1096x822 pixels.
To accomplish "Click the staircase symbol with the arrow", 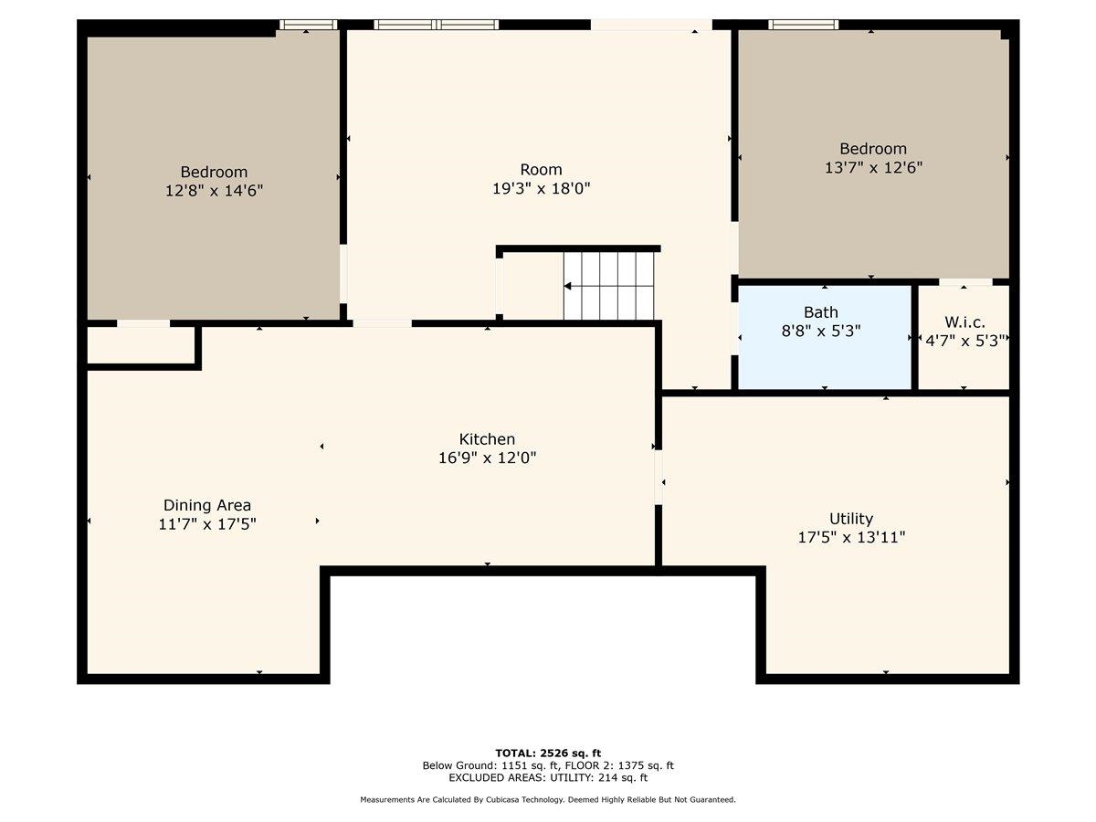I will (608, 286).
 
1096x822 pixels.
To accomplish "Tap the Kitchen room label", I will (487, 439).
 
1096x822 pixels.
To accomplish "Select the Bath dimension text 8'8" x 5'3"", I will (821, 331).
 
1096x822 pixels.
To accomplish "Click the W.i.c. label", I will (964, 322).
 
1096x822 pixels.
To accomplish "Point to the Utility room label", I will (851, 519).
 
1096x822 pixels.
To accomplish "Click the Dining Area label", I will (207, 505).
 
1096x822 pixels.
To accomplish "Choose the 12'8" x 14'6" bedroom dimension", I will (214, 190).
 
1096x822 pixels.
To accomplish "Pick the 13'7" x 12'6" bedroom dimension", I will (873, 167).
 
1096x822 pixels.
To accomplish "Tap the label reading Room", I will (542, 169).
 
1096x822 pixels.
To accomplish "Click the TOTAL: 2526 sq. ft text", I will (548, 753).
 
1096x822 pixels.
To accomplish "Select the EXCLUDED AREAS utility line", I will (548, 778).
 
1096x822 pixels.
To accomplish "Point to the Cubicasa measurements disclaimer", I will (548, 800).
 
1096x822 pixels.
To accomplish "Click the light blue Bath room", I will (825, 356).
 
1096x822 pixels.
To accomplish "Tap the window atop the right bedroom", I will (803, 25).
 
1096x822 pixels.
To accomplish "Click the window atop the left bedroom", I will (308, 25).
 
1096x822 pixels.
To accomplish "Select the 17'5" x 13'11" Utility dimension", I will (851, 537).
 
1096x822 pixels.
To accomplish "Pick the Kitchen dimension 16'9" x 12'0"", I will (487, 458).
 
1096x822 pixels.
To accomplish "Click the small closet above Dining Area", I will (142, 345).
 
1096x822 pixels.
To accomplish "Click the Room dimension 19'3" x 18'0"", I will (542, 188).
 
